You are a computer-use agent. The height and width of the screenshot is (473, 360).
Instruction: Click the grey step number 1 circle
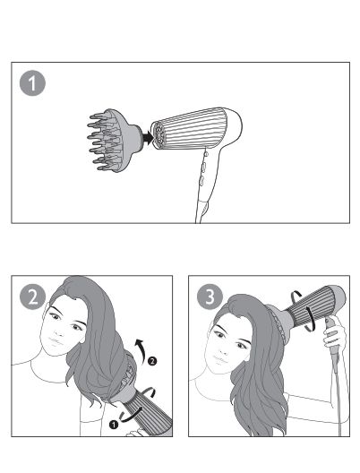(32, 83)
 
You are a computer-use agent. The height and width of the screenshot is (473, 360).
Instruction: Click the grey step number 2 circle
(32, 297)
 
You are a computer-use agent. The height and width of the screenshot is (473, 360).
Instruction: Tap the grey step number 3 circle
(210, 297)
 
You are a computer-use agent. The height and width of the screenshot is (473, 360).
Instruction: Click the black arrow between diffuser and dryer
(148, 138)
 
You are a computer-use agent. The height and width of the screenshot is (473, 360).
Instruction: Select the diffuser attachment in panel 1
(115, 141)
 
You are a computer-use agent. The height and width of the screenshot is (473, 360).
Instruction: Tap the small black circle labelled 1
(114, 425)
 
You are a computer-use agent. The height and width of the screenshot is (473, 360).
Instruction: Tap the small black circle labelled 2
(152, 361)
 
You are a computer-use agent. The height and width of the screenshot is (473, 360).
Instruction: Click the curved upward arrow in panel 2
(141, 348)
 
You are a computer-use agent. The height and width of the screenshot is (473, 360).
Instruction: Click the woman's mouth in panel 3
(220, 359)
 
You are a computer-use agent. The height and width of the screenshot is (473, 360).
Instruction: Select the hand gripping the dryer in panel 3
(335, 335)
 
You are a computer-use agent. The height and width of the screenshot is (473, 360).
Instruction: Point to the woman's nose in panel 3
(224, 347)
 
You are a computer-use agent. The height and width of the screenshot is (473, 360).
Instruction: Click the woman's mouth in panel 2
(56, 342)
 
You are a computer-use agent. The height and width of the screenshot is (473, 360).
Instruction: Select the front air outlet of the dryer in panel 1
(159, 135)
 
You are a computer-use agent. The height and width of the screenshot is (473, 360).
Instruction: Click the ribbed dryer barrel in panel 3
(311, 305)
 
